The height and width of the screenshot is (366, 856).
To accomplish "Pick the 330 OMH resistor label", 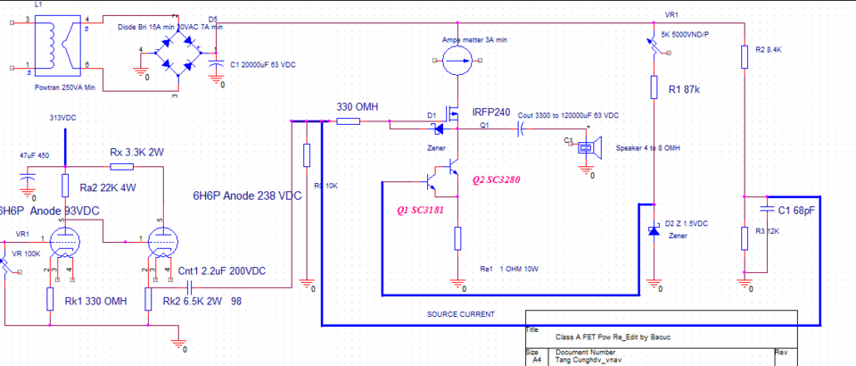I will [x=357, y=107].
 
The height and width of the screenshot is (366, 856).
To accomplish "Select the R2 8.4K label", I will [x=769, y=50].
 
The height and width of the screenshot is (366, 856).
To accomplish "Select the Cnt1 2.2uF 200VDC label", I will [x=220, y=270].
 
